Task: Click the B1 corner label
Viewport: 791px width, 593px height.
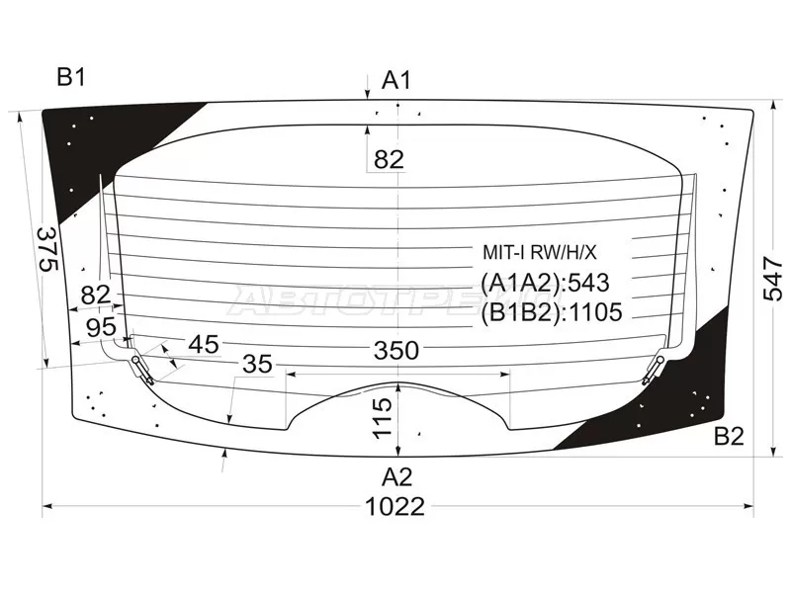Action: [x=71, y=78]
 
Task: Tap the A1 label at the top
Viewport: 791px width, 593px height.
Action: [x=396, y=80]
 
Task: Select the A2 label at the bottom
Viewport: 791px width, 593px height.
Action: [x=397, y=476]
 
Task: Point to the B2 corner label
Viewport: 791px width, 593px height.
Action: [x=729, y=436]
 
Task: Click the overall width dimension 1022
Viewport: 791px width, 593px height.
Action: [x=395, y=506]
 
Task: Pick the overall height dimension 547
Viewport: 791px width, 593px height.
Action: [x=773, y=279]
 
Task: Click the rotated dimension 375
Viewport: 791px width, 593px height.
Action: [x=48, y=249]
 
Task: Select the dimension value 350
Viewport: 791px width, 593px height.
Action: [x=396, y=350]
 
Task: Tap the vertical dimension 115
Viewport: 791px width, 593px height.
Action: [x=384, y=418]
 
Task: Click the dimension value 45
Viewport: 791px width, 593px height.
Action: [x=204, y=344]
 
